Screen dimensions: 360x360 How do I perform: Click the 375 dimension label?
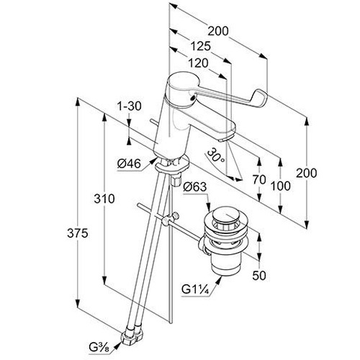(78, 233)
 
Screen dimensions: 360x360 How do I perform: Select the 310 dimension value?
(104, 199)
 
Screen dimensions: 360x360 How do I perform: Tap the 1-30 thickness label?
(130, 106)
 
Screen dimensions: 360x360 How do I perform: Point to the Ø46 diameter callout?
(129, 164)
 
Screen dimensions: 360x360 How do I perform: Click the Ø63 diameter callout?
(194, 186)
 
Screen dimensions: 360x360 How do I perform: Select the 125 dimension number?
(200, 46)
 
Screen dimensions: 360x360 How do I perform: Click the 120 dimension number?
(198, 63)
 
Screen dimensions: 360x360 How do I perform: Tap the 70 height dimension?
(259, 179)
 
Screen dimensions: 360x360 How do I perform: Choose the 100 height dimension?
(281, 186)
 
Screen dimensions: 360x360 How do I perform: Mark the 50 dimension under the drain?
(259, 275)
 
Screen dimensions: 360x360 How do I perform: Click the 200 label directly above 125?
(218, 31)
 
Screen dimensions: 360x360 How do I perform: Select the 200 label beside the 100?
(306, 173)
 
